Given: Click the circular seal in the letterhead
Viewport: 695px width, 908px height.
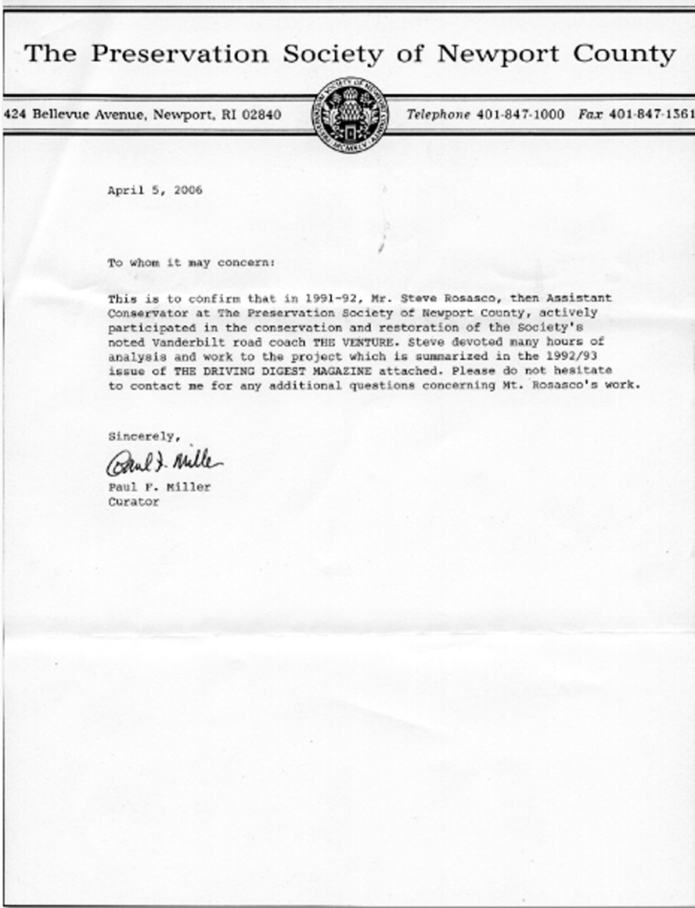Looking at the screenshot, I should tap(351, 115).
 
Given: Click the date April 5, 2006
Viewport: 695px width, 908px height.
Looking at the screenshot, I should tap(155, 190).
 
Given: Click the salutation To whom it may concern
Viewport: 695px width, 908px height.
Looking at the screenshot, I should tap(191, 264).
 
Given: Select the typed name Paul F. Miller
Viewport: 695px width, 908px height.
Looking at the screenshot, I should tap(160, 488).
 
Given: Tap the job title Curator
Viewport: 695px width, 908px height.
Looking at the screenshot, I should tap(133, 502).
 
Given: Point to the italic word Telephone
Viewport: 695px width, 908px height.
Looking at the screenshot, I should tap(438, 114).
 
